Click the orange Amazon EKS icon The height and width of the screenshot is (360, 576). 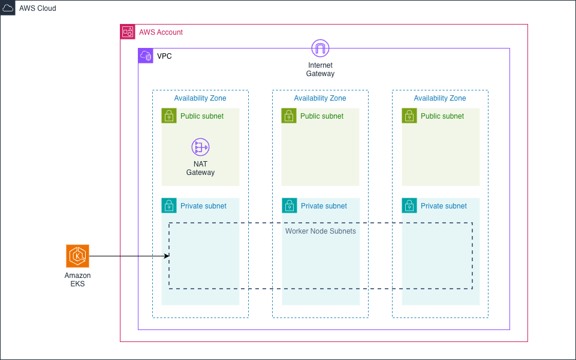point(77,256)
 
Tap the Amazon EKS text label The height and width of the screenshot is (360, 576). point(77,280)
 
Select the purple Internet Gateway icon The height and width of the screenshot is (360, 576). point(320,49)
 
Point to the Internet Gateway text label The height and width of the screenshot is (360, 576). point(320,69)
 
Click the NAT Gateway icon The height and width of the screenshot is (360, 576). point(200,147)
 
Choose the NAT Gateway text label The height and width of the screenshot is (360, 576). point(200,168)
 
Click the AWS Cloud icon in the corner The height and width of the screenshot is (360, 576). point(8,8)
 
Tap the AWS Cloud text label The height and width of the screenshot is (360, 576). point(37,8)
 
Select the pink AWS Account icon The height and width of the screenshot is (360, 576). point(128,32)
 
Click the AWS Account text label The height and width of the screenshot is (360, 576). point(161,32)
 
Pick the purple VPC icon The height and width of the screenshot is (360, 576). point(146,56)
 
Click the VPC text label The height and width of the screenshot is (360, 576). point(164,56)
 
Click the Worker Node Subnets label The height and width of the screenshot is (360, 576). point(320,231)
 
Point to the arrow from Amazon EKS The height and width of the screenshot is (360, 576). point(129,256)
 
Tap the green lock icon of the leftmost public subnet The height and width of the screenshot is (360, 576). point(169,116)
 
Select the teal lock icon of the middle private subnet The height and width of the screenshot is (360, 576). point(289,205)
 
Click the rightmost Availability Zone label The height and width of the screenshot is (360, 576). point(440,98)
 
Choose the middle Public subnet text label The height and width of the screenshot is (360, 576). point(322,116)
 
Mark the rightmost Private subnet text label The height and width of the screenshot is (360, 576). point(444,206)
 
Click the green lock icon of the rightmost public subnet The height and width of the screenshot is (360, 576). point(409,116)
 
